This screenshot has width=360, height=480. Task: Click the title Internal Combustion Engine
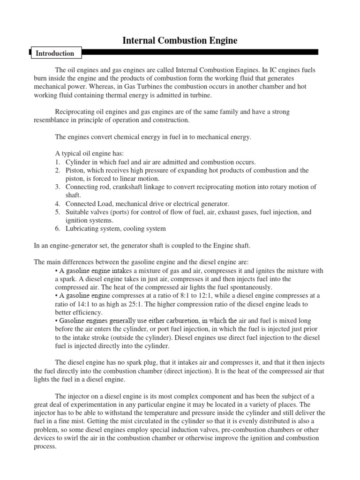pyautogui.click(x=180, y=41)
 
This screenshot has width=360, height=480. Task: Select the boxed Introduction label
pyautogui.click(x=55, y=53)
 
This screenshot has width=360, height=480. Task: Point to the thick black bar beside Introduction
pyautogui.click(x=201, y=52)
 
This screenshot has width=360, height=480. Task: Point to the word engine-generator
pyautogui.click(x=77, y=246)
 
